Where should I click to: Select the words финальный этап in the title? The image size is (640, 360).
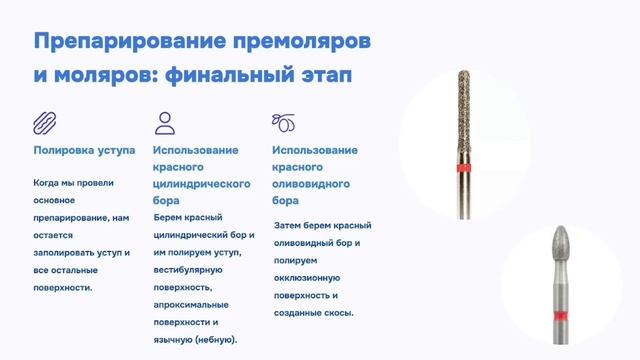(261, 76)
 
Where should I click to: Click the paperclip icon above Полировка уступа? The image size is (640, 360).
(45, 123)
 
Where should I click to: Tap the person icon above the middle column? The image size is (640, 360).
(165, 123)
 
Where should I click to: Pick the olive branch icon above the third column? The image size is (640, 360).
(284, 123)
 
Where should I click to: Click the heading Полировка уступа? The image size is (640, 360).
(84, 151)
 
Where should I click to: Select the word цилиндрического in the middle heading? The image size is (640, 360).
(201, 185)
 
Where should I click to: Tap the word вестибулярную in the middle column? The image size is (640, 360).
(192, 270)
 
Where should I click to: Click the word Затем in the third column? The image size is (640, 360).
(289, 226)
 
